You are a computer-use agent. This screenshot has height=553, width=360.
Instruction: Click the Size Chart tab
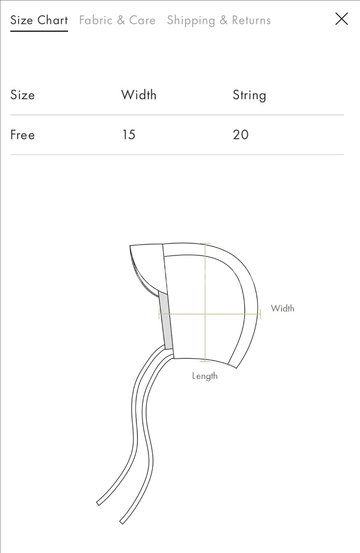tap(39, 20)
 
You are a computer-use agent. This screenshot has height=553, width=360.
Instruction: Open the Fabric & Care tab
tap(117, 20)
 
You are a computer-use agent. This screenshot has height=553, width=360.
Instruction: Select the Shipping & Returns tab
tap(219, 21)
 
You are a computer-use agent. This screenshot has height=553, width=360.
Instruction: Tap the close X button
tap(341, 19)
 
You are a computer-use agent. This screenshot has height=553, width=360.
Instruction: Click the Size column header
tap(23, 95)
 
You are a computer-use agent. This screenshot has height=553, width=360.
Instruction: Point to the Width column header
tap(139, 95)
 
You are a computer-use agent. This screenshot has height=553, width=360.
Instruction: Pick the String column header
tap(249, 95)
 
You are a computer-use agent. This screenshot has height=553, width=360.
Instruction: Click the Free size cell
tap(23, 134)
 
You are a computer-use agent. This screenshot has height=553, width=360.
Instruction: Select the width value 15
tap(128, 134)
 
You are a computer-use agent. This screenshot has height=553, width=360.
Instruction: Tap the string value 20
tap(241, 134)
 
